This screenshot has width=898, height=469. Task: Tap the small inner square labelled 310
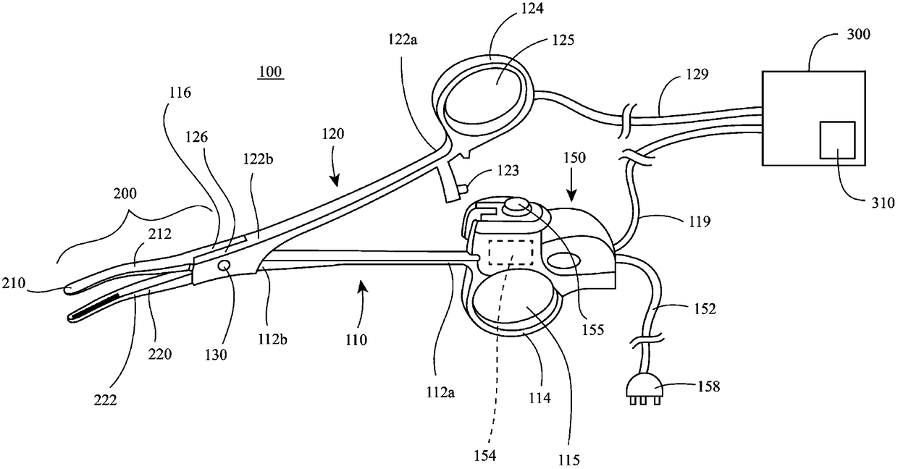[x=837, y=140]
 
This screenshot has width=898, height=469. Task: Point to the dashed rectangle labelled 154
[x=512, y=253]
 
